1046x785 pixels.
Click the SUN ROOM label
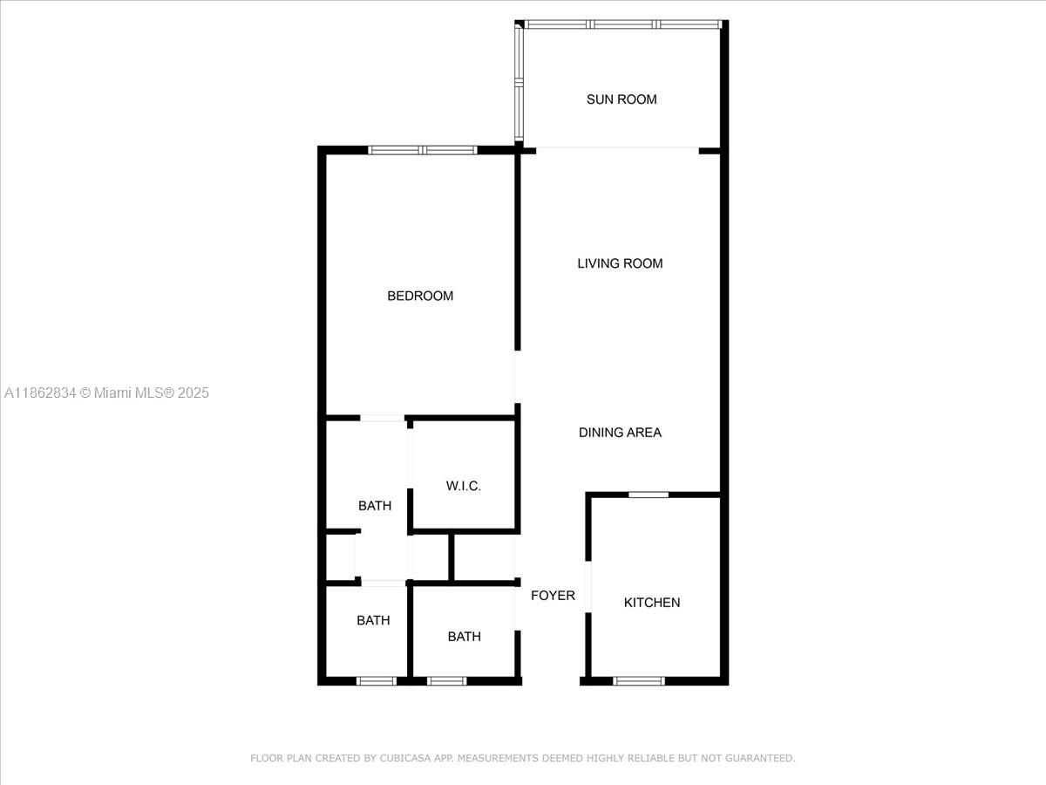621,99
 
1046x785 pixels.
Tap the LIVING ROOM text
620,263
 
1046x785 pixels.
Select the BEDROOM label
420,296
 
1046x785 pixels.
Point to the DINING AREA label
620,433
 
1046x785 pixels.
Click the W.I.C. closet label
464,486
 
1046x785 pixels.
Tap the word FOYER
553,596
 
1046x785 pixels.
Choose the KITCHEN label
652,603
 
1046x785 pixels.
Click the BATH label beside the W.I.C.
375,506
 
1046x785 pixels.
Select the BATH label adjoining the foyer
464,637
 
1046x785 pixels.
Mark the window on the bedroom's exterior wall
423,150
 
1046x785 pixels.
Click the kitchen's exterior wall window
639,680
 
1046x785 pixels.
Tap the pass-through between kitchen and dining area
649,495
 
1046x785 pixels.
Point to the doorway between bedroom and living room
517,377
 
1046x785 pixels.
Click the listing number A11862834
39,393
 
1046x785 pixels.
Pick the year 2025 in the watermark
194,393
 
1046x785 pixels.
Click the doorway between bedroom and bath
382,419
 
